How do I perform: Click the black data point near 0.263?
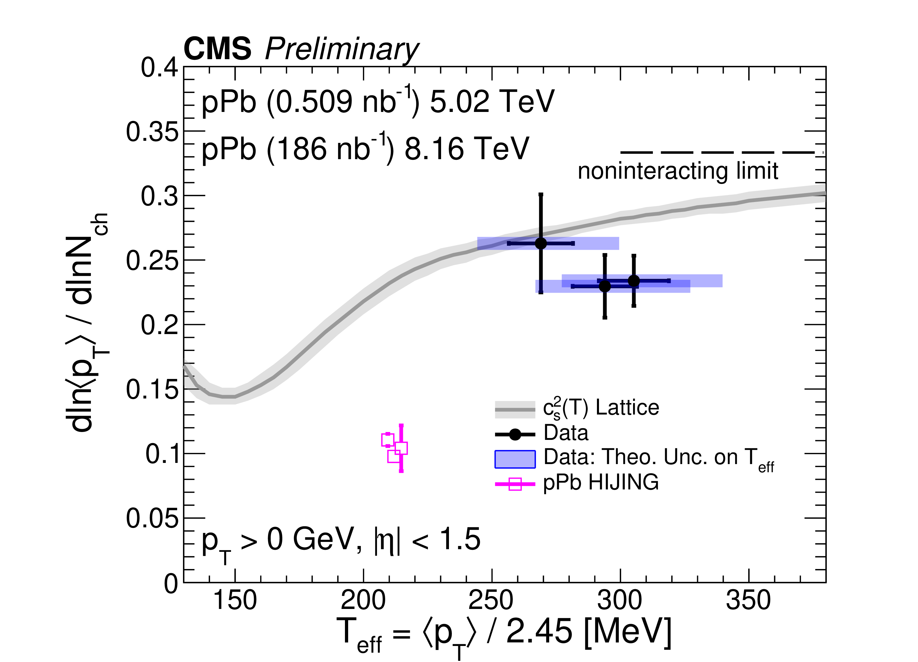(541, 243)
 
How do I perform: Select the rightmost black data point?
(634, 281)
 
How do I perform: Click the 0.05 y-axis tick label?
(152, 518)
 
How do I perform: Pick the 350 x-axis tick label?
(748, 600)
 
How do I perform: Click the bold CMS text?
(217, 49)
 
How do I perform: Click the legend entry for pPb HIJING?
(601, 482)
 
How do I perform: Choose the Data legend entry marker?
(515, 434)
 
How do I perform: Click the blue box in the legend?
(515, 459)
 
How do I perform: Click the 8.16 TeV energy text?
(467, 149)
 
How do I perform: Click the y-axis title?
(87, 322)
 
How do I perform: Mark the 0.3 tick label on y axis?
(159, 196)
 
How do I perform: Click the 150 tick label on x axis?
(235, 600)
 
